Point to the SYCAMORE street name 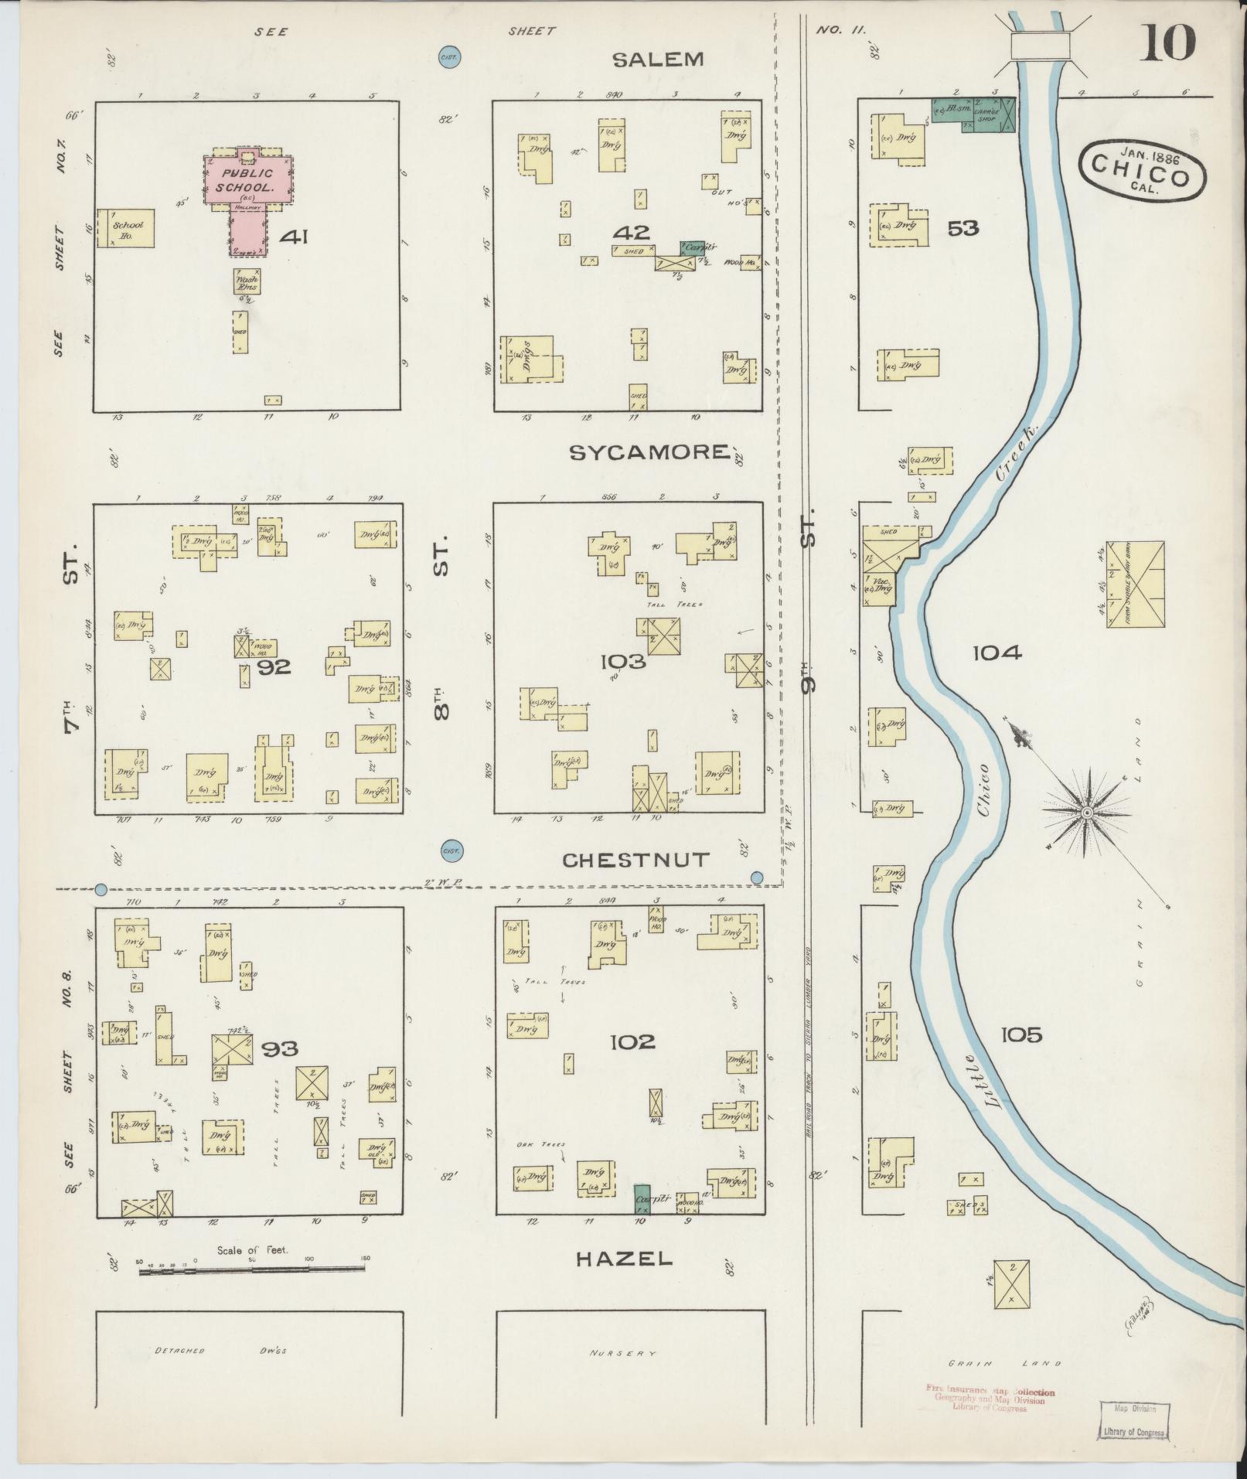(x=649, y=452)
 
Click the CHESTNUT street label (x=635, y=860)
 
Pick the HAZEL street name (x=624, y=1259)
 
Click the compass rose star (x=1086, y=813)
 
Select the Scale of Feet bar (x=254, y=1269)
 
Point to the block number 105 (x=1021, y=1034)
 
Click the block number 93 (x=279, y=1049)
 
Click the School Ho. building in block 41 (x=126, y=229)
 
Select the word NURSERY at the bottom (x=622, y=1354)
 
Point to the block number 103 (x=622, y=661)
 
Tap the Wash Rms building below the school (x=247, y=281)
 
